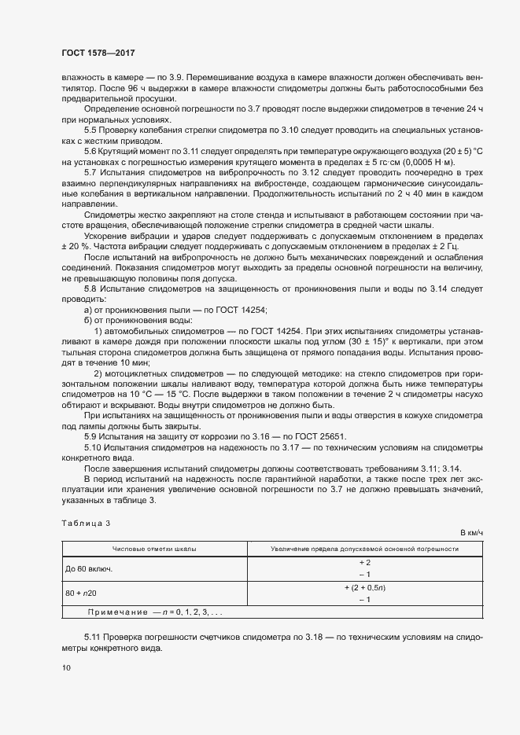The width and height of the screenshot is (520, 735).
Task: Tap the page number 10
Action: point(65,668)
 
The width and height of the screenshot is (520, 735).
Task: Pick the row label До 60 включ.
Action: point(90,568)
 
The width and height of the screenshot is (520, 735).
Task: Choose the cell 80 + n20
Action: point(82,594)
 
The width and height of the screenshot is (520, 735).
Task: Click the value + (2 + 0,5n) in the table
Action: point(364,587)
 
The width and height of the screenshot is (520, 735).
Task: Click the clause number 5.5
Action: point(90,128)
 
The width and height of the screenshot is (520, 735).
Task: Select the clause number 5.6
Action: point(90,150)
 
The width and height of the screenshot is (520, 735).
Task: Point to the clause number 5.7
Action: point(90,171)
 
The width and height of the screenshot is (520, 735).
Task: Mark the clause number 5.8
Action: point(90,290)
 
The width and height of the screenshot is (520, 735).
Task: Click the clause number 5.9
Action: point(90,436)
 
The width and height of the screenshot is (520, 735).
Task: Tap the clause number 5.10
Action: point(92,447)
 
